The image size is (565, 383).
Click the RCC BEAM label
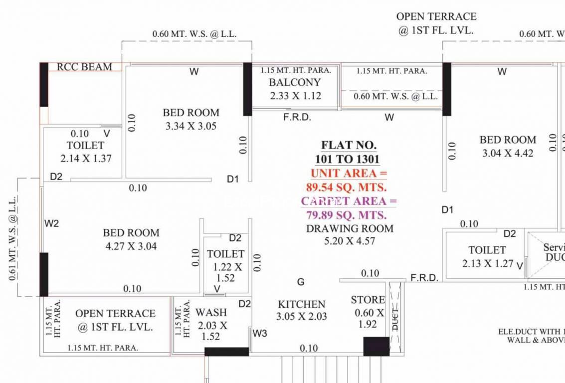pyautogui.click(x=84, y=67)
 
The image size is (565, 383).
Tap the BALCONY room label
pyautogui.click(x=295, y=82)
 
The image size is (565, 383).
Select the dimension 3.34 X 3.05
pyautogui.click(x=191, y=126)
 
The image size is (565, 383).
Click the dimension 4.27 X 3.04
pyautogui.click(x=131, y=246)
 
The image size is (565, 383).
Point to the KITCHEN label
pyautogui.click(x=302, y=304)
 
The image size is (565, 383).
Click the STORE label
pyautogui.click(x=368, y=300)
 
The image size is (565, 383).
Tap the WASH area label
pyautogui.click(x=211, y=313)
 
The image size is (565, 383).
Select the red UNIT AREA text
pyautogui.click(x=349, y=174)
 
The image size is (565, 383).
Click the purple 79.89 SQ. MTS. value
pyautogui.click(x=346, y=215)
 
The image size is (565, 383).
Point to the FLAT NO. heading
pyautogui.click(x=349, y=146)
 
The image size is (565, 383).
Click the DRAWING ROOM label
pyautogui.click(x=350, y=228)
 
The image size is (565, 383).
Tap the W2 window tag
pyautogui.click(x=51, y=223)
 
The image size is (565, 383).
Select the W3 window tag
pyautogui.click(x=260, y=333)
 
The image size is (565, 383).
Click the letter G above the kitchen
pyautogui.click(x=301, y=282)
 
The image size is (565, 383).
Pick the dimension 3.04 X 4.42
pyautogui.click(x=508, y=154)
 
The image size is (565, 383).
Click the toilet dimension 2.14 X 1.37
pyautogui.click(x=86, y=159)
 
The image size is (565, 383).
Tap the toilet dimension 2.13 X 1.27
pyautogui.click(x=487, y=263)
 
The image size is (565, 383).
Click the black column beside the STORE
pyautogui.click(x=376, y=346)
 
